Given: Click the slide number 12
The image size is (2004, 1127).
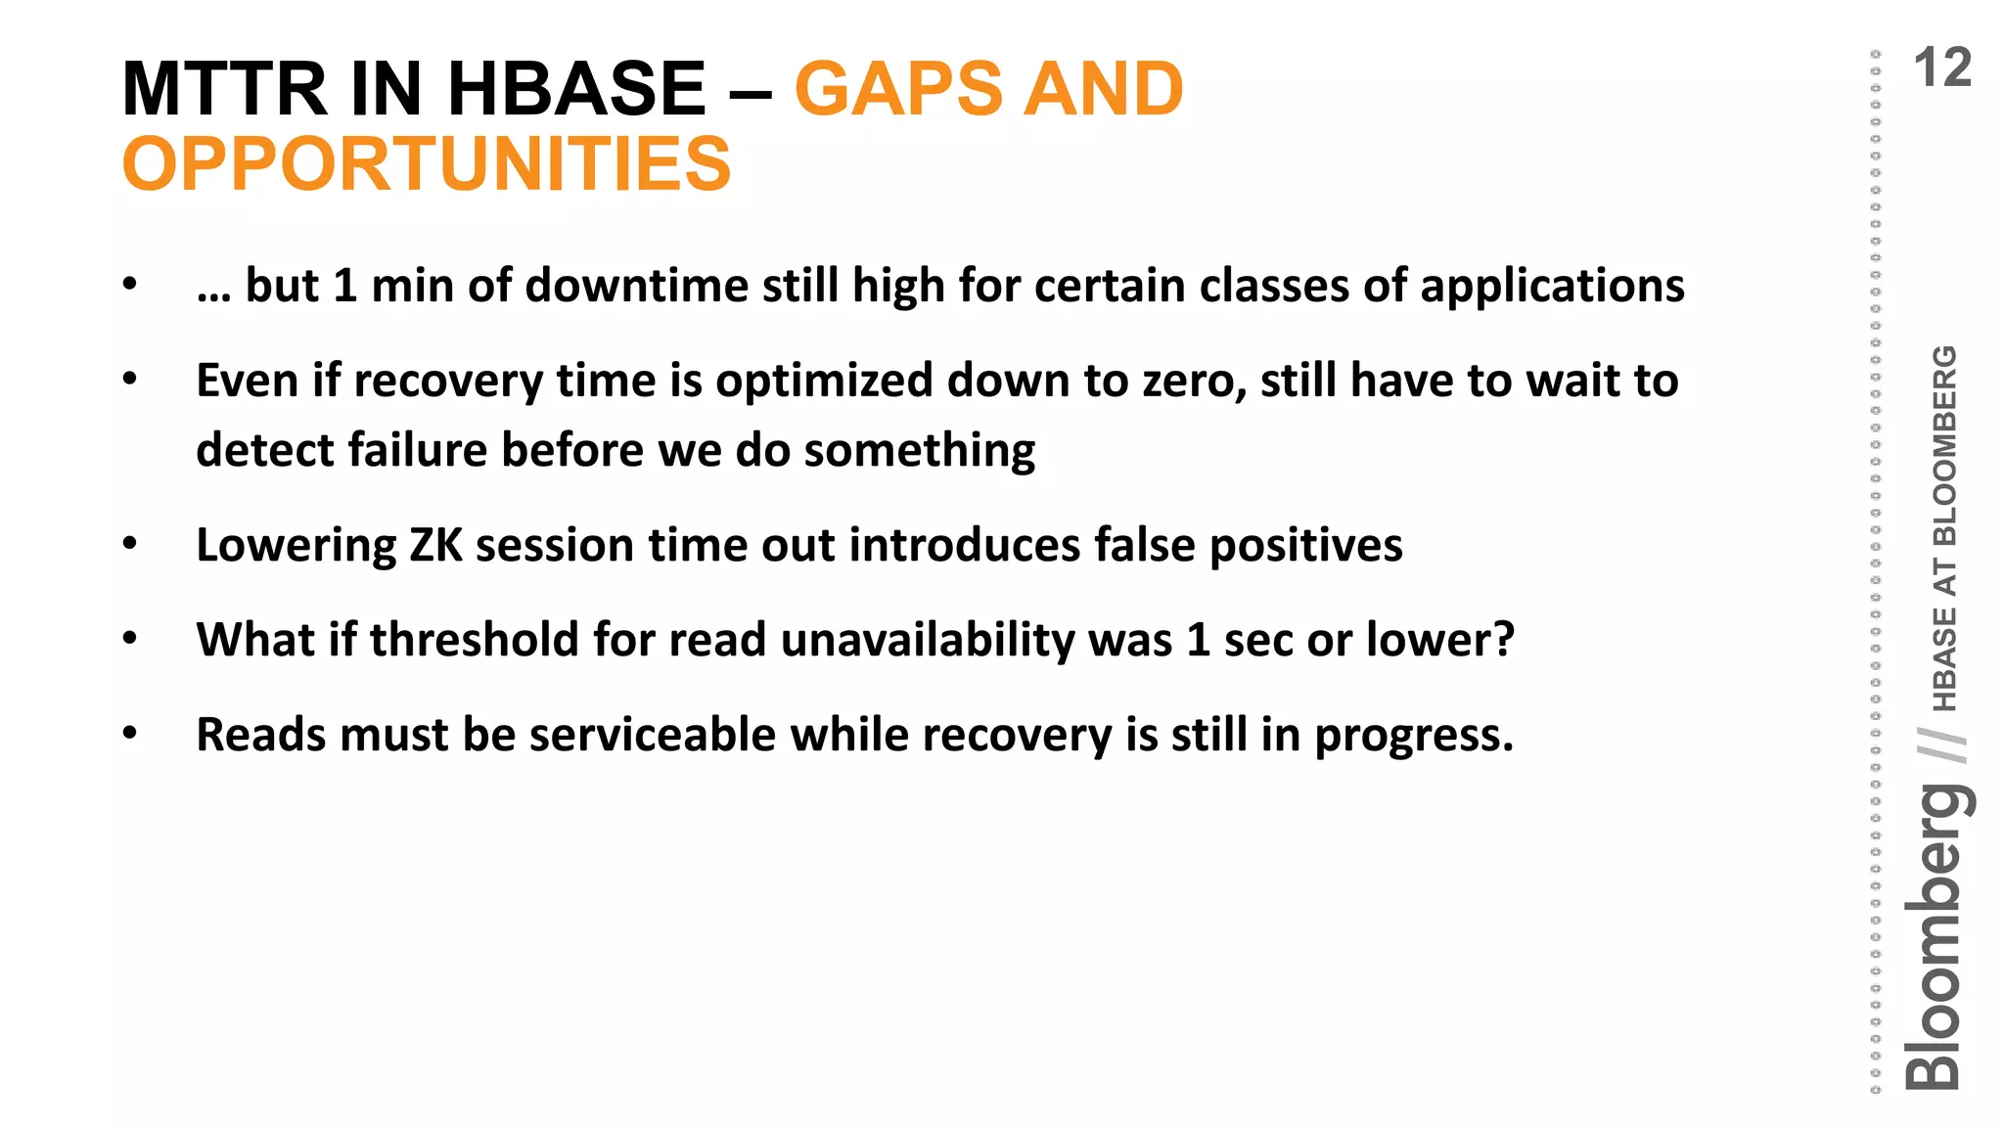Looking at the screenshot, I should pos(1941,68).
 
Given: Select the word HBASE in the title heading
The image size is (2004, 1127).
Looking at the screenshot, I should pos(576,89).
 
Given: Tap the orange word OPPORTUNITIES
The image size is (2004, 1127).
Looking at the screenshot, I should pos(427,163).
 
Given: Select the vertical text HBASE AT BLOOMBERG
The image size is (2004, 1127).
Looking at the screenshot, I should pos(1945,528).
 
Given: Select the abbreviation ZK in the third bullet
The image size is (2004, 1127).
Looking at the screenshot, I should pos(435,545).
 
